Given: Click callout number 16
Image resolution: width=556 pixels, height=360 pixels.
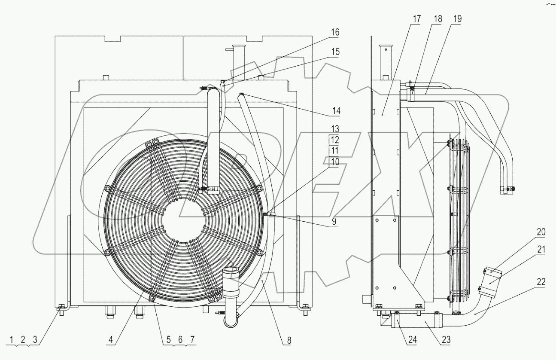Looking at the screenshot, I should (334, 32).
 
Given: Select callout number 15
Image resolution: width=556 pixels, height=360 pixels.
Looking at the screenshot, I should (334, 52).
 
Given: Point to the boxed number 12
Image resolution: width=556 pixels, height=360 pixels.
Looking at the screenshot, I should (334, 140).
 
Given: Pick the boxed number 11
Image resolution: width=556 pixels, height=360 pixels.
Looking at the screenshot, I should (334, 150).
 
